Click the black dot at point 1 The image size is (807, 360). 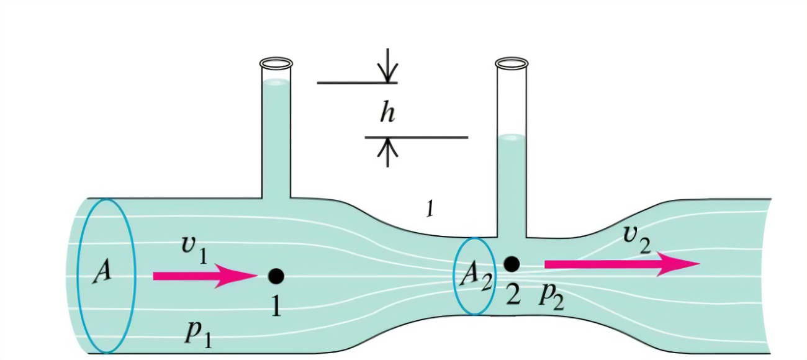tap(276, 276)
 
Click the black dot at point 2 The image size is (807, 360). tap(511, 264)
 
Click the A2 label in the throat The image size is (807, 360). tap(475, 276)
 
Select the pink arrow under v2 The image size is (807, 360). tap(621, 264)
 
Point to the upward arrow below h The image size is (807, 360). tap(388, 152)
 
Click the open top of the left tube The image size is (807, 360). tap(276, 63)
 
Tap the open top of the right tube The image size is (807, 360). tap(512, 63)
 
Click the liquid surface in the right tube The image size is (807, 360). tap(512, 137)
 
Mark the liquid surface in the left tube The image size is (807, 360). tap(276, 82)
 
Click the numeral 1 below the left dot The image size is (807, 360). tap(276, 305)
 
